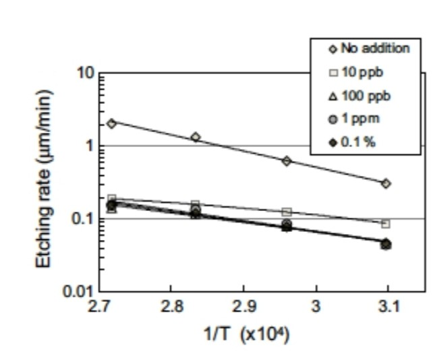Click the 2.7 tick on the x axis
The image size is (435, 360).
[x=99, y=307]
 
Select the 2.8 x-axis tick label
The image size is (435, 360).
[x=172, y=307]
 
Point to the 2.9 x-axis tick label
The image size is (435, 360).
[x=244, y=307]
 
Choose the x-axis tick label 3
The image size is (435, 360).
[x=315, y=307]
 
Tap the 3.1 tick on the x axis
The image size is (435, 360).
[x=388, y=307]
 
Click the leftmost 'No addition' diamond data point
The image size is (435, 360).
[x=112, y=123]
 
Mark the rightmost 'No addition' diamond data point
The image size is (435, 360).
[x=386, y=183]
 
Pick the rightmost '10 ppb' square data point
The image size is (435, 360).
[x=386, y=224]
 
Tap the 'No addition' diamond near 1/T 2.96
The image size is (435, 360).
[x=287, y=160]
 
